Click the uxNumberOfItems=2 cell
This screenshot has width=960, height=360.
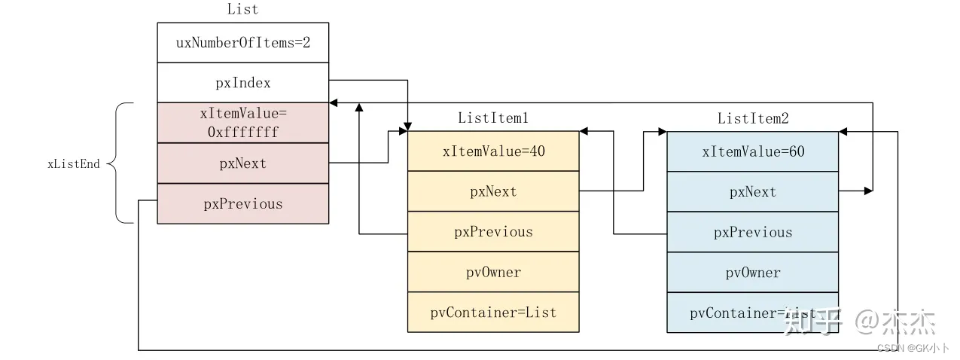pyautogui.click(x=242, y=43)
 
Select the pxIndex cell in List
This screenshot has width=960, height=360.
pyautogui.click(x=242, y=83)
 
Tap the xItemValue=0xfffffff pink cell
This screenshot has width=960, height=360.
pyautogui.click(x=242, y=123)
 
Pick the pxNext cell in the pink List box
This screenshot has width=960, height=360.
pyautogui.click(x=242, y=163)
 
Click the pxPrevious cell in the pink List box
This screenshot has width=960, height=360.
pyautogui.click(x=242, y=203)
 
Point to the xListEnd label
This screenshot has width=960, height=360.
pyautogui.click(x=73, y=163)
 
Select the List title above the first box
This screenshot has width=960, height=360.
pyautogui.click(x=242, y=10)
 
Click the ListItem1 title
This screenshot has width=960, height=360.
pyautogui.click(x=493, y=118)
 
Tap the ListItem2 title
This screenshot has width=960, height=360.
pyautogui.click(x=752, y=118)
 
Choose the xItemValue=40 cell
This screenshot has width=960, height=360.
pyautogui.click(x=493, y=151)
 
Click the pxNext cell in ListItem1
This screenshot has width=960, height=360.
pyautogui.click(x=493, y=191)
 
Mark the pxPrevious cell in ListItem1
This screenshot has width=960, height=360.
pyautogui.click(x=493, y=232)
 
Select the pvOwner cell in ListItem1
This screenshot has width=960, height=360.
pyautogui.click(x=493, y=272)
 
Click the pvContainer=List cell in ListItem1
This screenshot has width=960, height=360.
pyautogui.click(x=493, y=312)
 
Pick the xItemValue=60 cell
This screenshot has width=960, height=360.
pyautogui.click(x=752, y=151)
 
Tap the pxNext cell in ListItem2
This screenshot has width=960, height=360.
pyautogui.click(x=752, y=191)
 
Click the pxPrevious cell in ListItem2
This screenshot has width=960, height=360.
pyautogui.click(x=752, y=232)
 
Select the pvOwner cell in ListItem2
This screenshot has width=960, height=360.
pyautogui.click(x=752, y=272)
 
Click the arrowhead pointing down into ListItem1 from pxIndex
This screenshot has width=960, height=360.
pyautogui.click(x=408, y=126)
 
